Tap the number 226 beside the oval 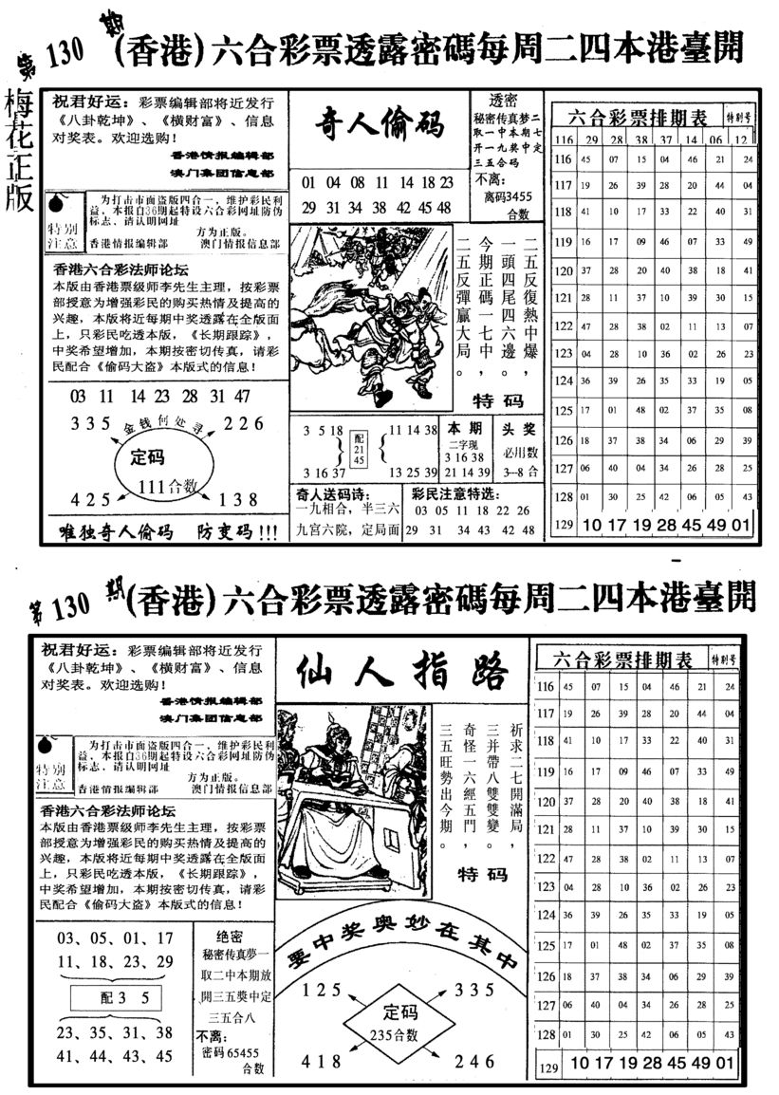point(244,424)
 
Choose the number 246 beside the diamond point(475,1060)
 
